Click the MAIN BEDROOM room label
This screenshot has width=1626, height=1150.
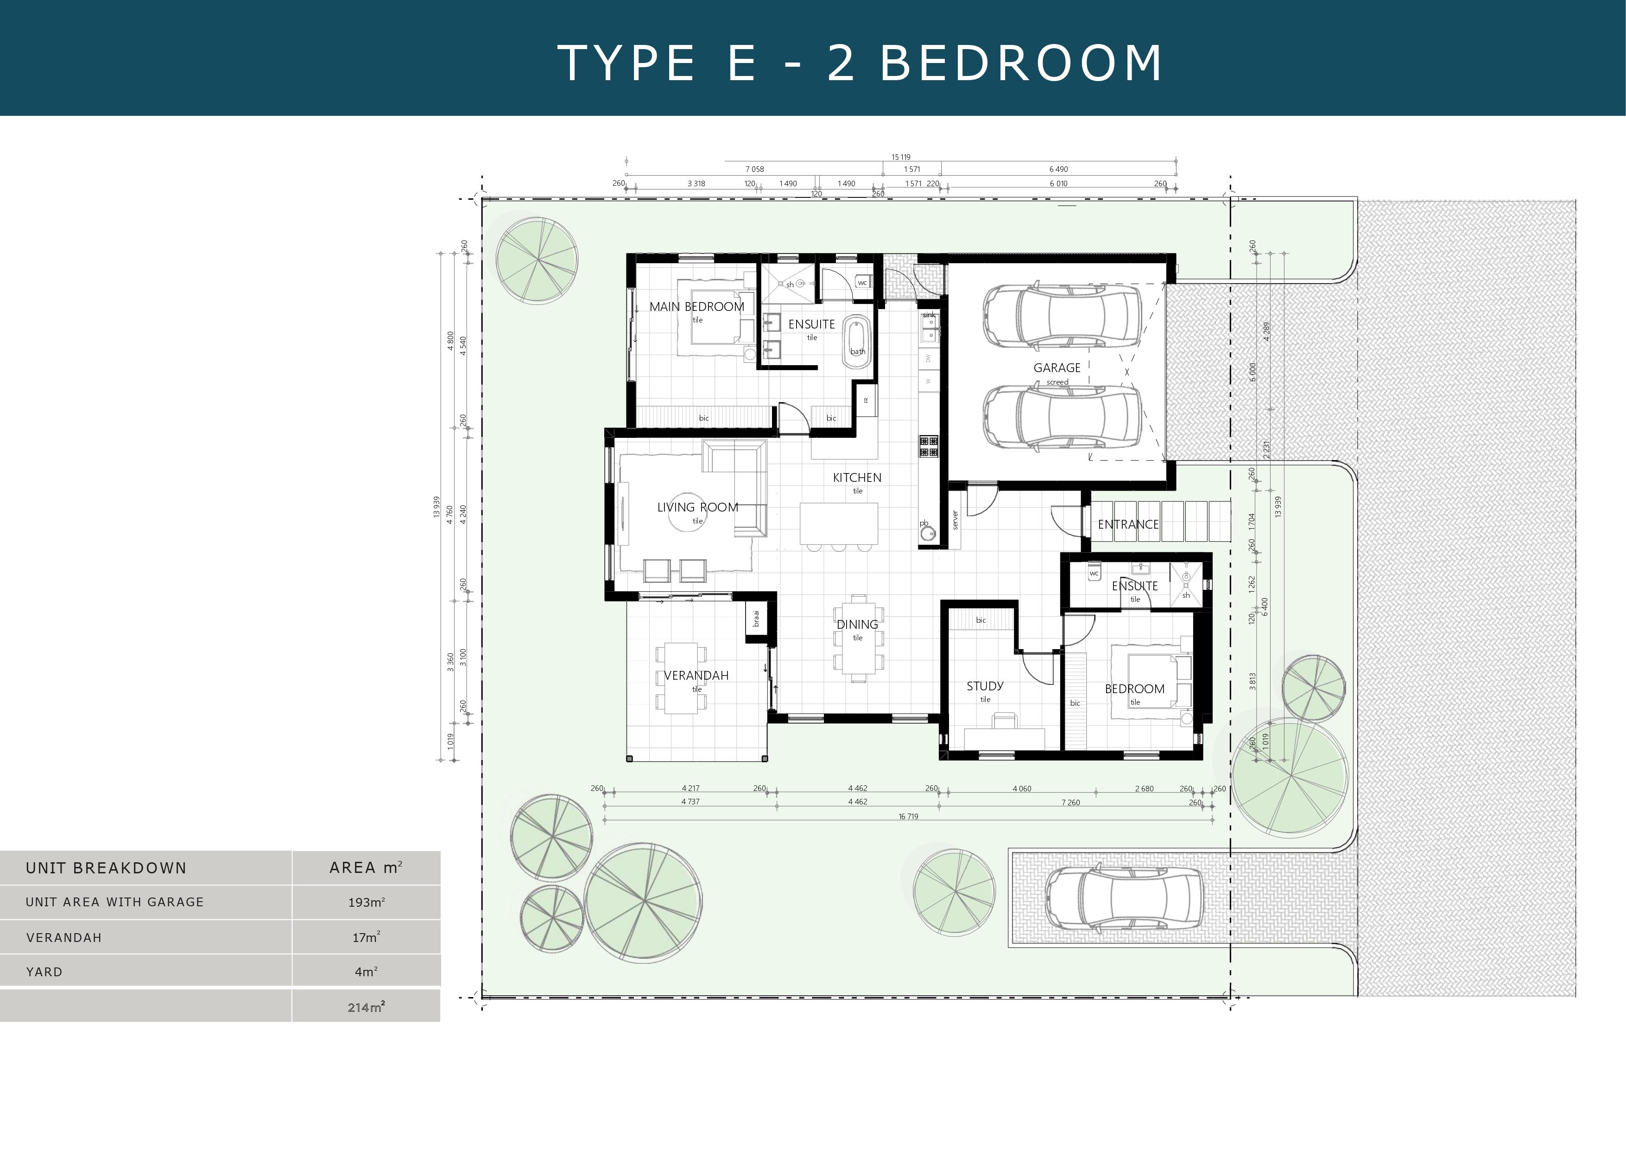[x=697, y=307]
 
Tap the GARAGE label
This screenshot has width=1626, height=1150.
[x=1057, y=367]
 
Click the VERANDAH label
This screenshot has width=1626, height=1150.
[x=696, y=676]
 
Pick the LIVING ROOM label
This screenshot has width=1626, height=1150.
[x=697, y=507]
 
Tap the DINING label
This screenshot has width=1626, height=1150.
[x=857, y=625]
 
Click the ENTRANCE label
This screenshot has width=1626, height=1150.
[x=1128, y=524]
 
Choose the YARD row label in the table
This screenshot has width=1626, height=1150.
[x=44, y=972]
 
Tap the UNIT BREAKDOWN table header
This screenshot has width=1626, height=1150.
[x=106, y=868]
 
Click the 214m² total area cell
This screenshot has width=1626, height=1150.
[x=366, y=1007]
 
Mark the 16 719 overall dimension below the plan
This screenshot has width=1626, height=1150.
[x=909, y=816]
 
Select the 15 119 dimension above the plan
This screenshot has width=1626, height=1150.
[x=901, y=157]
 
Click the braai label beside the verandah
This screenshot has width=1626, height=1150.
[x=756, y=618]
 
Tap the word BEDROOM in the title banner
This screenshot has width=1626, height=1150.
[x=1021, y=63]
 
